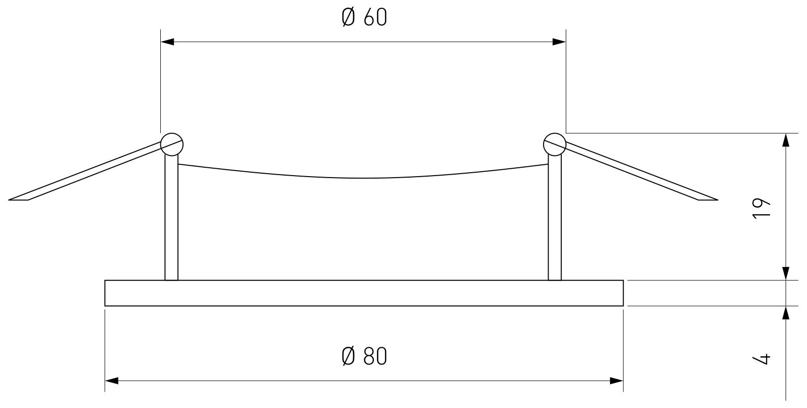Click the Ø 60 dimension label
(x=364, y=18)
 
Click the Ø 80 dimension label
(x=364, y=356)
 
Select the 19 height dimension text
(x=763, y=209)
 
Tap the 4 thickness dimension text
(x=763, y=358)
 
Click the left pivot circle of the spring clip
(x=172, y=145)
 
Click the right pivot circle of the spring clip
(x=554, y=144)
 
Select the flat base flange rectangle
(x=364, y=293)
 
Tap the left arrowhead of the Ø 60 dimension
(x=168, y=42)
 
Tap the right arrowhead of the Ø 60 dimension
(x=559, y=42)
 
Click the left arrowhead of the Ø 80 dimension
(x=111, y=381)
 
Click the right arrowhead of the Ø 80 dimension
(x=617, y=381)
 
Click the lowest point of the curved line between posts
(x=364, y=178)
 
